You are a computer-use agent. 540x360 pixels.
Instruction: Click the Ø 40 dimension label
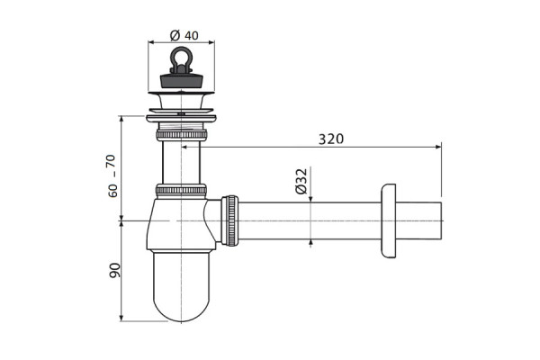pyautogui.click(x=184, y=35)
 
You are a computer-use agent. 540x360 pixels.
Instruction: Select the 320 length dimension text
pyautogui.click(x=331, y=139)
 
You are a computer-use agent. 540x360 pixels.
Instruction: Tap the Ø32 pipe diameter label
pyautogui.click(x=301, y=181)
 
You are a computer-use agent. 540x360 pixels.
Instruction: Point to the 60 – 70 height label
pyautogui.click(x=112, y=175)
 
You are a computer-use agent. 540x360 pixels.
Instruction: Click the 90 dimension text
pyautogui.click(x=114, y=270)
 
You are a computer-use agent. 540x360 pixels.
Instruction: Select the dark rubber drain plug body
pyautogui.click(x=181, y=80)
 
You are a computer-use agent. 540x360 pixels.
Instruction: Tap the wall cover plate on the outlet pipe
pyautogui.click(x=389, y=220)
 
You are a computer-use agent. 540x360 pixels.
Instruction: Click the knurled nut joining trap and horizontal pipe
pyautogui.click(x=229, y=220)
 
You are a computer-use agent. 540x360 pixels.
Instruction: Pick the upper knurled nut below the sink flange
pyautogui.click(x=182, y=135)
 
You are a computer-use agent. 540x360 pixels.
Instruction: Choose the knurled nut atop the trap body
pyautogui.click(x=181, y=191)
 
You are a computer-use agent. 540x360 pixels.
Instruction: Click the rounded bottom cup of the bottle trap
pyautogui.click(x=181, y=286)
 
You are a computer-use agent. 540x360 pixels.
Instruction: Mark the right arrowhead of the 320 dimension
pyautogui.click(x=438, y=147)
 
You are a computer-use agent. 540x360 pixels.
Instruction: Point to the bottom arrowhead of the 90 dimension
pyautogui.click(x=121, y=318)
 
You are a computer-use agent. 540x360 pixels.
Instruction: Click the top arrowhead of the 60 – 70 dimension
pyautogui.click(x=121, y=119)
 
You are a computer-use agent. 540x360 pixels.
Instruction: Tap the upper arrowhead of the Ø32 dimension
pyautogui.click(x=311, y=199)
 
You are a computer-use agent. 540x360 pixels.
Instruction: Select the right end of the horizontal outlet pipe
pyautogui.click(x=441, y=220)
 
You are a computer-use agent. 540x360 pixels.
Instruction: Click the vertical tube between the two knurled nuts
pyautogui.click(x=181, y=163)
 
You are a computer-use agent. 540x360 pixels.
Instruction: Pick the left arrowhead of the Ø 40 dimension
pyautogui.click(x=151, y=42)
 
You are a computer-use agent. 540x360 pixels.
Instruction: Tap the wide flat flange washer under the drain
pyautogui.click(x=181, y=119)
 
